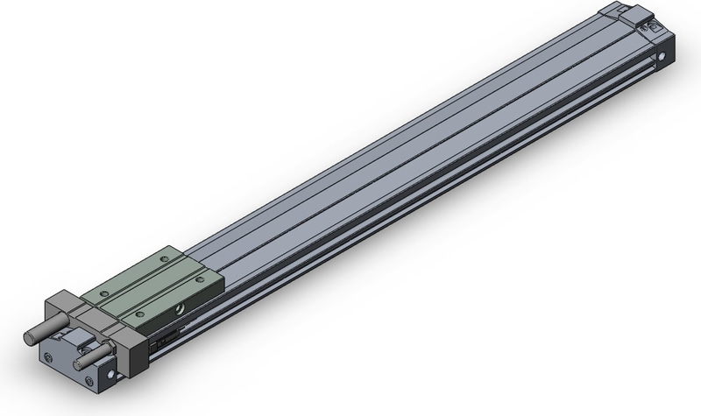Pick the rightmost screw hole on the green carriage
pyautogui.click(x=200, y=280)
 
